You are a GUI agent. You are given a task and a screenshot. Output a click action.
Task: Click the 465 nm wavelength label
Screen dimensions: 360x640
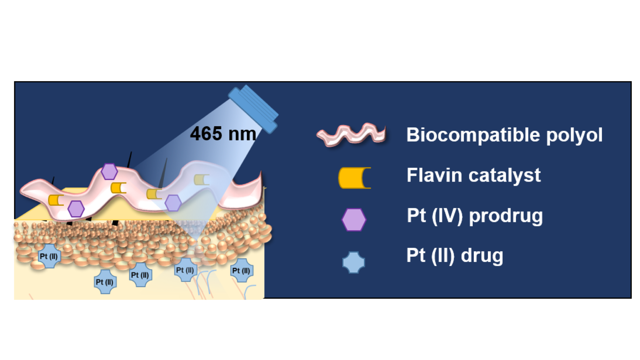(223, 134)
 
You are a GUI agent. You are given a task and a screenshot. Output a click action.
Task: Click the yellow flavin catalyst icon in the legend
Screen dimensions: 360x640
(354, 178)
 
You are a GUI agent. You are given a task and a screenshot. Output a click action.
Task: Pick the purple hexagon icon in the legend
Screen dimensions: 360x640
(354, 219)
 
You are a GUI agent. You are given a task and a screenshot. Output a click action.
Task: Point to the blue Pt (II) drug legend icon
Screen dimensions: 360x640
(353, 262)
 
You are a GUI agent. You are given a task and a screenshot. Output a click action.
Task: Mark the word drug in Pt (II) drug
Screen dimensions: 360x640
(482, 255)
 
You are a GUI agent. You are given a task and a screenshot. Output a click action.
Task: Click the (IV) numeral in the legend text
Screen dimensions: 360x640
(447, 215)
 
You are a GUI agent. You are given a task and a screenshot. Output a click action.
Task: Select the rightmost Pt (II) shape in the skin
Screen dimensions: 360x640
(241, 270)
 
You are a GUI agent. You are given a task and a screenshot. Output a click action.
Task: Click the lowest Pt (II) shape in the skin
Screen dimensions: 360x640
(105, 282)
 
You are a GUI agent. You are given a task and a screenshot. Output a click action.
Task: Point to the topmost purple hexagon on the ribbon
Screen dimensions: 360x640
(109, 171)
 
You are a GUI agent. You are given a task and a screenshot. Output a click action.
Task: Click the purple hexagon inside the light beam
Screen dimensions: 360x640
(173, 203)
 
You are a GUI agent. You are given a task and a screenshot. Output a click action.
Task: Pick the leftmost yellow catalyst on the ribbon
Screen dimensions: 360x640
(55, 200)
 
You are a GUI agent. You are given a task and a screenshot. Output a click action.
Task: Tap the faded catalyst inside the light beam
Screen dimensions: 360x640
(201, 180)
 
